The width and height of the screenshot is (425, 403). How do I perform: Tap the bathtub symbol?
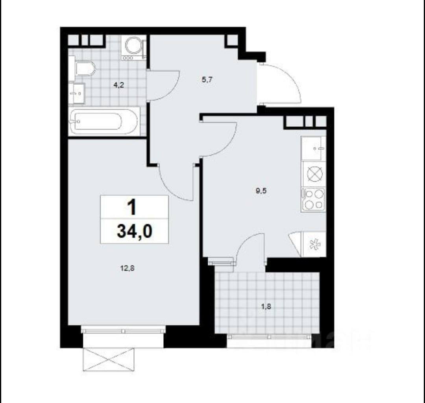tap(103, 121)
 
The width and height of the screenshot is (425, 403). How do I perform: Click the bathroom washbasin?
tap(77, 94)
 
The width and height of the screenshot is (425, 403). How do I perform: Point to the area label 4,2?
tap(117, 84)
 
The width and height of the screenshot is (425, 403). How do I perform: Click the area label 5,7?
tap(207, 79)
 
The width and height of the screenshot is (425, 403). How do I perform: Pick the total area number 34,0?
tap(134, 231)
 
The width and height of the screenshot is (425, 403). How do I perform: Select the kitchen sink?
tap(314, 149)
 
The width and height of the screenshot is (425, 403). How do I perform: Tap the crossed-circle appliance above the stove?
tap(314, 173)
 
